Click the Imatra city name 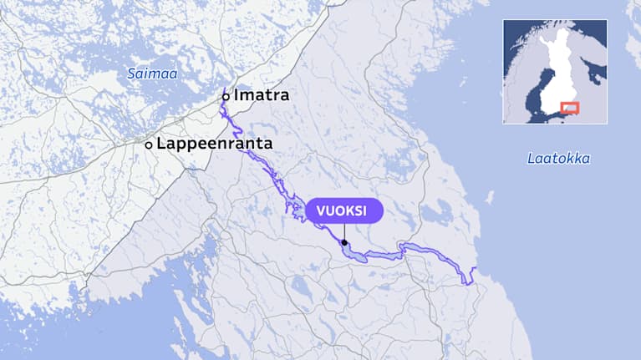pos(262,94)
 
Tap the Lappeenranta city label pos(215,144)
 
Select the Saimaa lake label pos(152,74)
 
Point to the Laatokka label pos(558,158)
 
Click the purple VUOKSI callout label pos(343,210)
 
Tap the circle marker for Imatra pos(226,96)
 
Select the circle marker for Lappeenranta pos(149,145)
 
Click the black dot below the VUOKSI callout pos(344,244)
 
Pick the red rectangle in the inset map pos(570,108)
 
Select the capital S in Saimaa pos(131,74)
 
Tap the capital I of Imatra pos(237,94)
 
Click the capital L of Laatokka pos(531,158)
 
